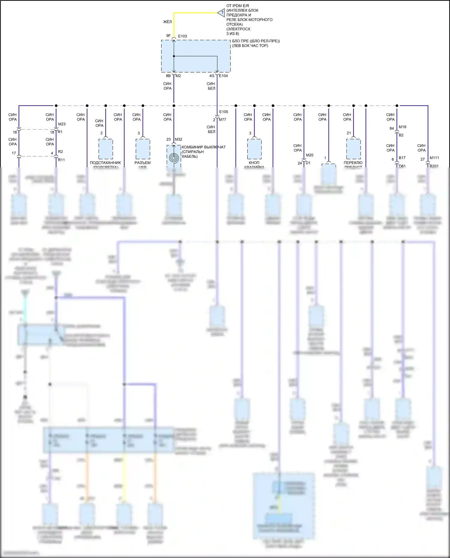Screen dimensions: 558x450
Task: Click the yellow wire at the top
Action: [x=195, y=13]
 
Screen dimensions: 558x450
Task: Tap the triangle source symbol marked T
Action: [x=221, y=13]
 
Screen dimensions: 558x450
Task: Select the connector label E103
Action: [x=182, y=36]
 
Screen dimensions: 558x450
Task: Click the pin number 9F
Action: [x=168, y=36]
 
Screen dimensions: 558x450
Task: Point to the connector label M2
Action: [x=178, y=76]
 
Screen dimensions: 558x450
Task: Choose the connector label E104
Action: [x=223, y=76]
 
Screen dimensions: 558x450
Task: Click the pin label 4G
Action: [x=212, y=76]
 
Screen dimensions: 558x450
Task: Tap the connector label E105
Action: [x=223, y=112]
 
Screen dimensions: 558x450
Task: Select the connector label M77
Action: [x=222, y=120]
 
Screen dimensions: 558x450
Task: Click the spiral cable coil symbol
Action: [x=174, y=158]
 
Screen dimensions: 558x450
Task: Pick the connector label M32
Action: [x=178, y=139]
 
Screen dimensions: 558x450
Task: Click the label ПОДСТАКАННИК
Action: [x=105, y=163]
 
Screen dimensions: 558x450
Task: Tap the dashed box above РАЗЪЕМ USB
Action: [x=143, y=149]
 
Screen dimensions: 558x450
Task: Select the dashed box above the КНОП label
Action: [x=254, y=149]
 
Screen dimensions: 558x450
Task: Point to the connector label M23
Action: [x=62, y=124]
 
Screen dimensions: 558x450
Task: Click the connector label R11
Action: [x=61, y=160]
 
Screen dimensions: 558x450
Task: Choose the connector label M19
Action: [x=402, y=127]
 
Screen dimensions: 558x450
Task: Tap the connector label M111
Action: [x=434, y=158]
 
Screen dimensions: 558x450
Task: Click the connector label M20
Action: [x=310, y=155]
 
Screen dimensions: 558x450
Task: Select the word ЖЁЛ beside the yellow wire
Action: [x=167, y=22]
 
